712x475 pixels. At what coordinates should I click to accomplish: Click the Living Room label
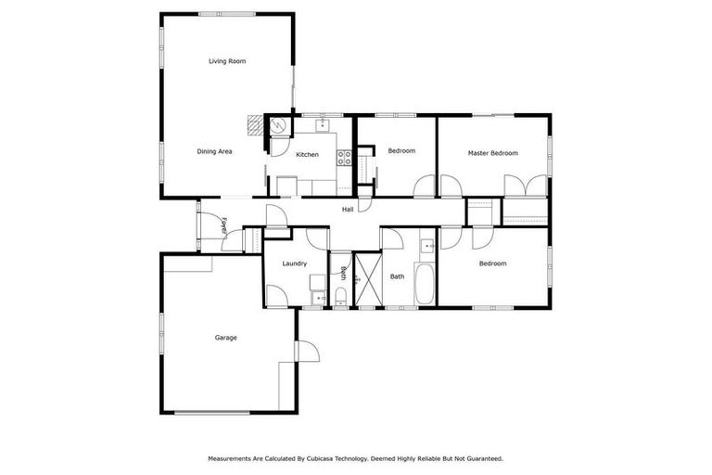click(x=226, y=61)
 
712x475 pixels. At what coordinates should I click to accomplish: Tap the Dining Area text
click(x=214, y=151)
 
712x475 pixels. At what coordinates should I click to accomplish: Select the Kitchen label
click(x=308, y=154)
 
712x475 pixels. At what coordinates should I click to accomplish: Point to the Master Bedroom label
click(x=492, y=153)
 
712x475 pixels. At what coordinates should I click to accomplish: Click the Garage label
click(x=225, y=338)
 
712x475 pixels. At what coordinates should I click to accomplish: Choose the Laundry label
click(x=296, y=264)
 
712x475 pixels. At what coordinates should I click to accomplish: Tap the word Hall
click(x=348, y=210)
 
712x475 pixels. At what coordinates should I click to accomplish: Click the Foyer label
click(x=225, y=225)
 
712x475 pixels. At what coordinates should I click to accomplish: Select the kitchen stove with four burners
click(x=343, y=157)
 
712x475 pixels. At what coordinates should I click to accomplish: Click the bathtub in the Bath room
click(x=425, y=286)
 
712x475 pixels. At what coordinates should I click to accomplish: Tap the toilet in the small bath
click(x=340, y=296)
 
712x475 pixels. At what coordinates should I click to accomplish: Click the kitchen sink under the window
click(x=324, y=123)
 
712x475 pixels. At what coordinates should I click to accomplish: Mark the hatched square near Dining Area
click(x=255, y=122)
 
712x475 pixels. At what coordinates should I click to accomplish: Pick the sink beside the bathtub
click(x=427, y=246)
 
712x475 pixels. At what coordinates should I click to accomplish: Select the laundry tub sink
click(x=318, y=297)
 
